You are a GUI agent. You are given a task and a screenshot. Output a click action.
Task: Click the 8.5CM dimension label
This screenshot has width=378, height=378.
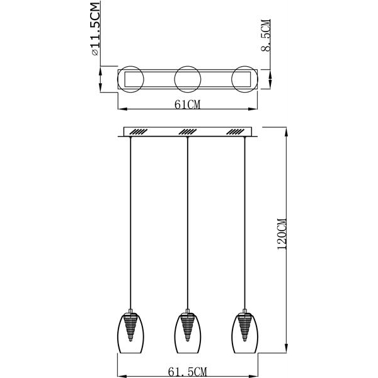266,35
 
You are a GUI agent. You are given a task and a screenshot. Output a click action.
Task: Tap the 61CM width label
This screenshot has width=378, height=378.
188,105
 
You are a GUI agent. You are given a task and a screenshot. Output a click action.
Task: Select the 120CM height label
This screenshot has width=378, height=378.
282,234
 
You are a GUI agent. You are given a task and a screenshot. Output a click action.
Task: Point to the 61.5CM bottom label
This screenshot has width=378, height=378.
187,372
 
